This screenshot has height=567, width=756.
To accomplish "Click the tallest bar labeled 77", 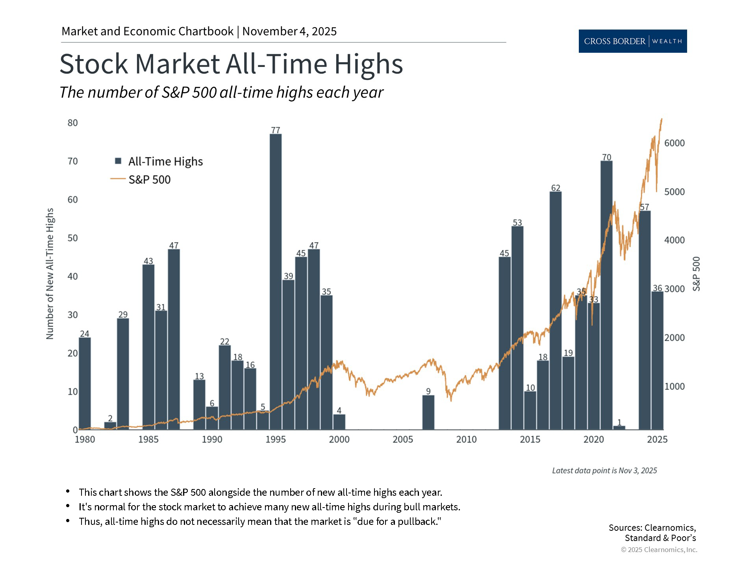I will pyautogui.click(x=276, y=282).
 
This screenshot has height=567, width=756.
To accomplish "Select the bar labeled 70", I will pyautogui.click(x=606, y=295).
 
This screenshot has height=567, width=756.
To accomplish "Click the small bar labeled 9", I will pyautogui.click(x=428, y=412).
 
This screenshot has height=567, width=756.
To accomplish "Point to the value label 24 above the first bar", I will pyautogui.click(x=85, y=334).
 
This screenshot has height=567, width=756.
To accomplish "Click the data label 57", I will pyautogui.click(x=644, y=207).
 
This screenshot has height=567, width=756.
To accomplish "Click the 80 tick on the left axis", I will pyautogui.click(x=73, y=123).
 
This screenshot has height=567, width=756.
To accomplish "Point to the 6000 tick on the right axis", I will pyautogui.click(x=674, y=143).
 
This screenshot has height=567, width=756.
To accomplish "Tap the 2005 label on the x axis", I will pyautogui.click(x=403, y=439).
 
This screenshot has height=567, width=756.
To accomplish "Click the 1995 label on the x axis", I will pyautogui.click(x=276, y=439).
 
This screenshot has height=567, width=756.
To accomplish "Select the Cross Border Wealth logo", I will pyautogui.click(x=633, y=41).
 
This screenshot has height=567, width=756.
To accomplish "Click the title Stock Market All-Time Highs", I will pyautogui.click(x=231, y=64).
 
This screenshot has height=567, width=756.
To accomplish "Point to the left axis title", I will pyautogui.click(x=50, y=274).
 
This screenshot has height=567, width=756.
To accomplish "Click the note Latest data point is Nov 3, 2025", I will pyautogui.click(x=604, y=471).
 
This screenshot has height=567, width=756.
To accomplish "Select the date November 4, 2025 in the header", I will pyautogui.click(x=289, y=31).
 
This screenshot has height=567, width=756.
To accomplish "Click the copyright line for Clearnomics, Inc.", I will pyautogui.click(x=659, y=550).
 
